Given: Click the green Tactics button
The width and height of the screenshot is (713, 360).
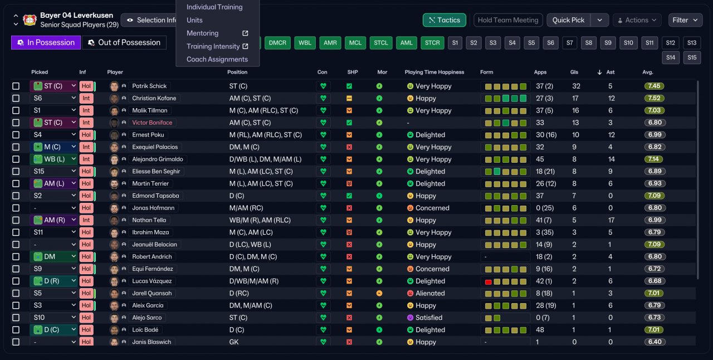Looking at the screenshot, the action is point(445,20).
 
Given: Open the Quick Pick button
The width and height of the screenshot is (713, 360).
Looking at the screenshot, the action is point(568,20).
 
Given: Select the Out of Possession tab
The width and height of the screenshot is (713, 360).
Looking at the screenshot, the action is point(124,43).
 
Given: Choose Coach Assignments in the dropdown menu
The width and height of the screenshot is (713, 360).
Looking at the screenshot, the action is point(217,60).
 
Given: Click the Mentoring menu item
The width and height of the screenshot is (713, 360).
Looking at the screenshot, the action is point(202,33).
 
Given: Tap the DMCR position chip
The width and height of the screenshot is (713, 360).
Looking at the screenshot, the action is point(277,43).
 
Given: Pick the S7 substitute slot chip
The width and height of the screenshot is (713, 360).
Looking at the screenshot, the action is point(569,43).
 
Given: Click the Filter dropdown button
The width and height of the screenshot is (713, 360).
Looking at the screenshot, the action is point(685,20).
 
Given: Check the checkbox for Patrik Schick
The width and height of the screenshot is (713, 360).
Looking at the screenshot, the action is point(16,86).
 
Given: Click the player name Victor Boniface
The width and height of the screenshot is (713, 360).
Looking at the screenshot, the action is point(152,123).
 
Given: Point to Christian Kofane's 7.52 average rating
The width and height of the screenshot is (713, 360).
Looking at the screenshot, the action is point(654,98).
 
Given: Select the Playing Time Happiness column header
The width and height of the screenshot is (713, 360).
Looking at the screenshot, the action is point(434,72).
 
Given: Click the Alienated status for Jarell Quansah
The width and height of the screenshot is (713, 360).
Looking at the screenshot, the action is point(429,293).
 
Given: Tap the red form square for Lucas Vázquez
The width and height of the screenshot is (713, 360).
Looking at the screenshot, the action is point(489,281).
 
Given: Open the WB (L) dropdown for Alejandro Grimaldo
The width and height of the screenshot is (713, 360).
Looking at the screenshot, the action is point(54,159).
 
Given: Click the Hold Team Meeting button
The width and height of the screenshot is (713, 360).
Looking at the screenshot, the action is point(508,20).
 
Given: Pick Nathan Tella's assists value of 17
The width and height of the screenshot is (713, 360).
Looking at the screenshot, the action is point(611,220).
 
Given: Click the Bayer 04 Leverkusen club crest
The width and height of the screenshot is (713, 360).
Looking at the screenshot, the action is point(30,20).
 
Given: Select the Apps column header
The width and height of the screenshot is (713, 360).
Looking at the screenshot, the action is point(540,72).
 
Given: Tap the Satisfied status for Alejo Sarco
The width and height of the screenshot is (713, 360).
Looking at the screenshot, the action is point(428,318).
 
